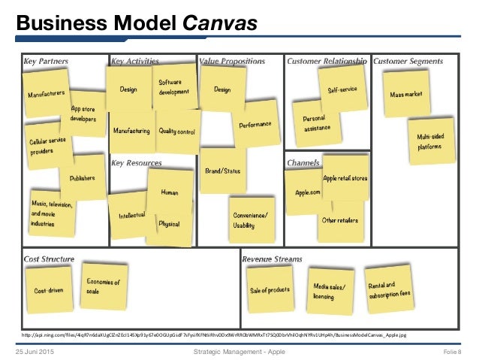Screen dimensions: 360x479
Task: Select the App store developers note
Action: pyautogui.click(x=83, y=113)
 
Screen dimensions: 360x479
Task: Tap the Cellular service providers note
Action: pyautogui.click(x=48, y=145)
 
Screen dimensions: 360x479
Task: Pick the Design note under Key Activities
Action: pyautogui.click(x=128, y=89)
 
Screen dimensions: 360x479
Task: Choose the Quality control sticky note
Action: pyautogui.click(x=177, y=131)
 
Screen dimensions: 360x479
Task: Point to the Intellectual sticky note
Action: pyautogui.click(x=131, y=215)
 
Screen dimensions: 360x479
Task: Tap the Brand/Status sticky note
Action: pyautogui.click(x=222, y=171)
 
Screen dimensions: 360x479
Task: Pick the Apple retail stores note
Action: pyautogui.click(x=345, y=178)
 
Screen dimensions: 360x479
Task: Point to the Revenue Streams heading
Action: pyautogui.click(x=272, y=259)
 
